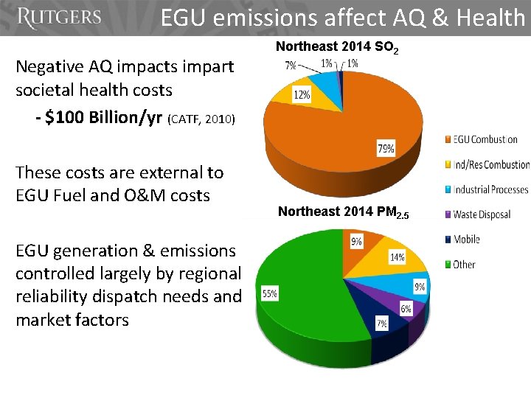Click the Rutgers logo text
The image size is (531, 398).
click(x=59, y=18)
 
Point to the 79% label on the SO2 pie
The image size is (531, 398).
click(x=385, y=149)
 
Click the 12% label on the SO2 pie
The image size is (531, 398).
click(x=301, y=95)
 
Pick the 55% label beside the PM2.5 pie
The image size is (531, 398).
click(x=270, y=294)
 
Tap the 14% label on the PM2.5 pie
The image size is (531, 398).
click(x=397, y=258)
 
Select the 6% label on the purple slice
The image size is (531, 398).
click(x=406, y=310)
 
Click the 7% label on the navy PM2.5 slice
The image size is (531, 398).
click(x=381, y=324)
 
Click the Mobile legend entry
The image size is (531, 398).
click(x=467, y=240)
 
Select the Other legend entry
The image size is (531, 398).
click(x=464, y=264)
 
